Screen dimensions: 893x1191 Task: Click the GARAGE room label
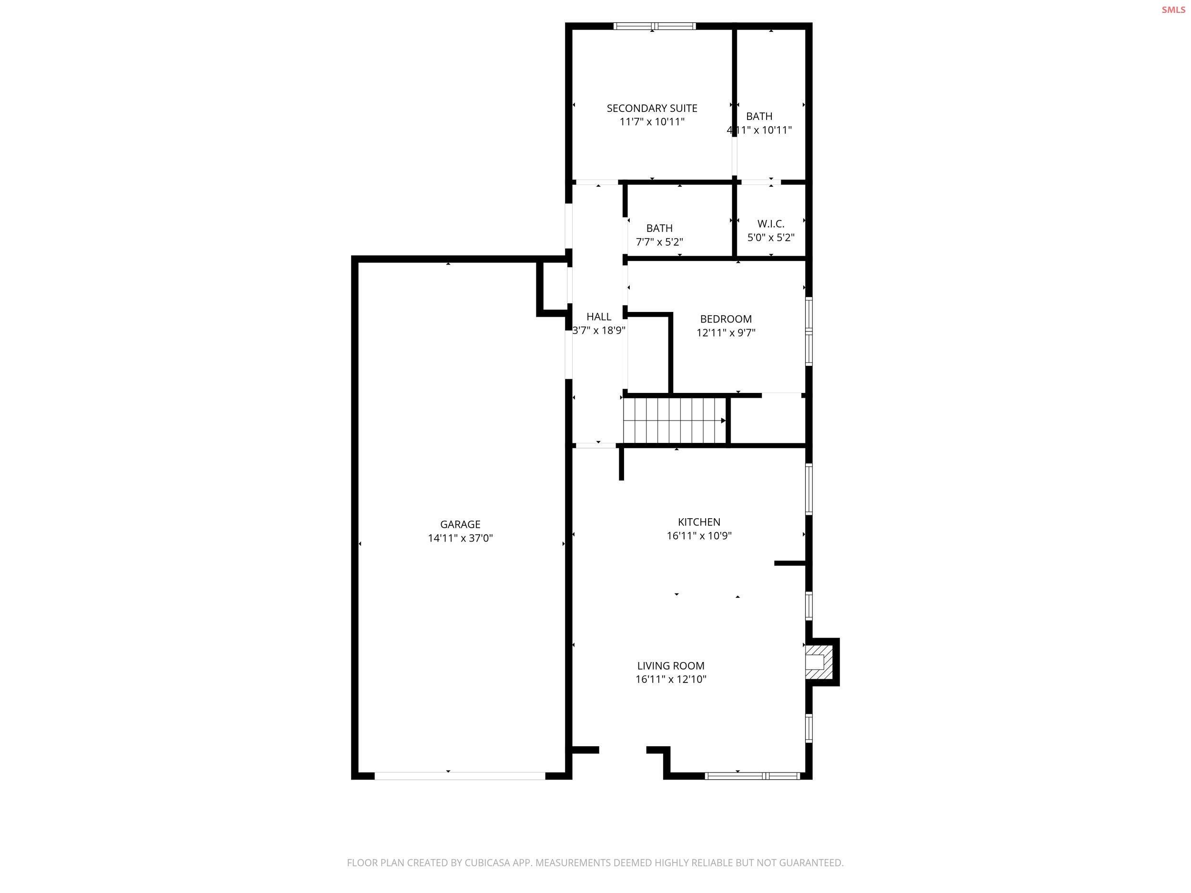(460, 524)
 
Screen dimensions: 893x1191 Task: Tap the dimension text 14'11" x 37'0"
(460, 538)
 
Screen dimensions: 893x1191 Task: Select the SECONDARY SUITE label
(652, 108)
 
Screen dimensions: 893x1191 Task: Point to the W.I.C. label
(770, 224)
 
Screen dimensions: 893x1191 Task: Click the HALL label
(599, 317)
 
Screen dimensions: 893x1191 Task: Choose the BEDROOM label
(726, 319)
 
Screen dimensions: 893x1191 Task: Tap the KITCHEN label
(699, 522)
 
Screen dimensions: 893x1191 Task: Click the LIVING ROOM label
(670, 666)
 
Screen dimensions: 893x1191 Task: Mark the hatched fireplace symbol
(816, 662)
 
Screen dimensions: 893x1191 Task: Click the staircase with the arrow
(674, 421)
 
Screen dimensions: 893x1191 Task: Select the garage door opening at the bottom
(460, 776)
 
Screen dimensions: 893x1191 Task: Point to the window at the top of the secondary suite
(655, 26)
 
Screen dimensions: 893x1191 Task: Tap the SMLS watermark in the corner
(1173, 10)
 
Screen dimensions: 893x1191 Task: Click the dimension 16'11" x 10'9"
(699, 536)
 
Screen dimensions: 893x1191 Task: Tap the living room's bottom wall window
(753, 776)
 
